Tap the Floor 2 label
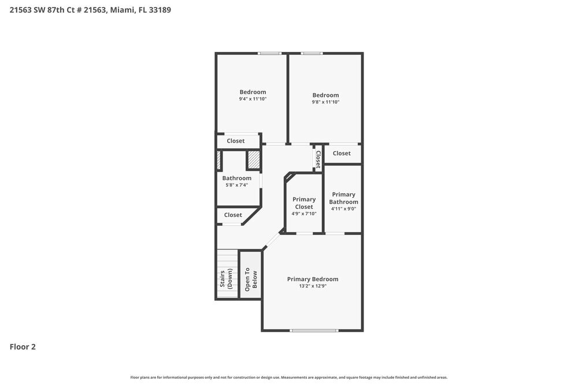coord(23,347)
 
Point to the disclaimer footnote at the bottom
coord(288,377)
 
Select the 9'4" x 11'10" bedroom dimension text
coord(253,99)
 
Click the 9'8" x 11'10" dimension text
coord(325,102)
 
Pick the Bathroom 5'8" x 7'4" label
coord(237,182)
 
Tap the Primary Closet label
coord(304,203)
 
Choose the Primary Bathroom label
coord(343,199)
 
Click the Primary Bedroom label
coord(313,279)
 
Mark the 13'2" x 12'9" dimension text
coord(313,286)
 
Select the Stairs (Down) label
coord(226,279)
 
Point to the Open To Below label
coord(251,279)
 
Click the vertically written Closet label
coord(318,159)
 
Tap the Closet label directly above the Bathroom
coord(235,141)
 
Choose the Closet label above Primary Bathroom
coord(342,154)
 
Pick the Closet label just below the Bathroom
coord(233,215)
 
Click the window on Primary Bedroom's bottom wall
coord(313,330)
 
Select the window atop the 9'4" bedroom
coord(269,54)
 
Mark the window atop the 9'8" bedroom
coord(312,54)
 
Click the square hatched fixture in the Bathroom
coord(253,160)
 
